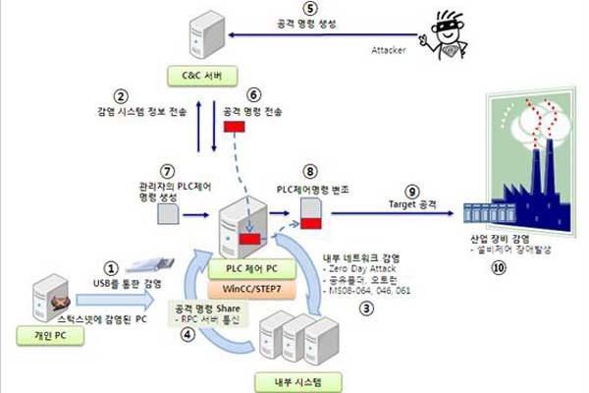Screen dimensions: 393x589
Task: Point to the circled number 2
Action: point(121,96)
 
